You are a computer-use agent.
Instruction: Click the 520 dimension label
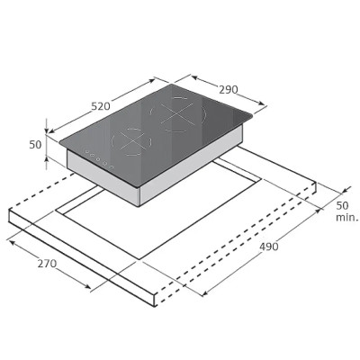point(101,106)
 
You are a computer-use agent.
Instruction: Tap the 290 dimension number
point(229,89)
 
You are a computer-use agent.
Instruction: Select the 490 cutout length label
point(269,247)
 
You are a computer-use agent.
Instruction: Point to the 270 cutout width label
point(47,264)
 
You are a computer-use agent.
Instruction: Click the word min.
point(347,217)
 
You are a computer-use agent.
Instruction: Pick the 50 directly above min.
point(342,206)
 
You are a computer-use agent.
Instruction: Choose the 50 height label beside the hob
point(35,145)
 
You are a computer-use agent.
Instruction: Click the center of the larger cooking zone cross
point(176,113)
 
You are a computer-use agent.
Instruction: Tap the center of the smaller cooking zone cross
point(130,140)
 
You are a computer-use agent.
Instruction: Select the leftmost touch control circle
point(86,151)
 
